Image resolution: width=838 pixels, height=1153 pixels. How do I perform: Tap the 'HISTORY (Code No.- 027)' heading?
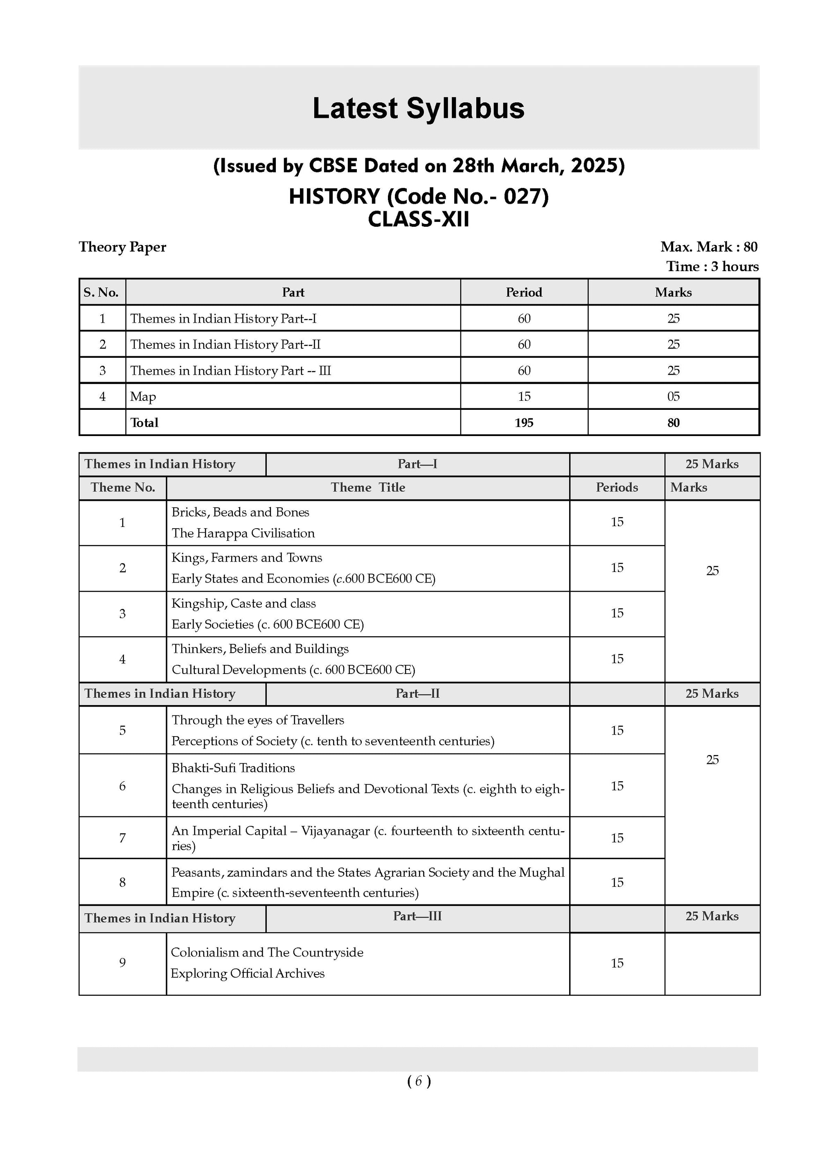pyautogui.click(x=419, y=197)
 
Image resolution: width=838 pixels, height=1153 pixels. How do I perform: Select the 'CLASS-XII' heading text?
pyautogui.click(x=419, y=219)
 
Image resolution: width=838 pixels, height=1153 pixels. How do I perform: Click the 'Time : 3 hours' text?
pyautogui.click(x=712, y=267)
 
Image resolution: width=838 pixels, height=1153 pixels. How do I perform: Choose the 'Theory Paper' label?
pyautogui.click(x=122, y=247)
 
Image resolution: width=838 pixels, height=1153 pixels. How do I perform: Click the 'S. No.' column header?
pyautogui.click(x=101, y=292)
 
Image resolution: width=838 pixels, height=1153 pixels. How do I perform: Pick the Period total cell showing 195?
pyautogui.click(x=524, y=423)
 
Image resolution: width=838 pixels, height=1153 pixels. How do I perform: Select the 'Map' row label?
pyautogui.click(x=143, y=396)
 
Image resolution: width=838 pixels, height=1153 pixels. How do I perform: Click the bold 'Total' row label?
pyautogui.click(x=144, y=423)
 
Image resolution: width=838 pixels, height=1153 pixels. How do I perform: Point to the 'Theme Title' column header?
pyautogui.click(x=368, y=488)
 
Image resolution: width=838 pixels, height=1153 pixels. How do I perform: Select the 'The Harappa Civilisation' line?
pyautogui.click(x=243, y=533)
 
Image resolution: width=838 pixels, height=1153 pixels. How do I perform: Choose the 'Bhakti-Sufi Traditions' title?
pyautogui.click(x=233, y=768)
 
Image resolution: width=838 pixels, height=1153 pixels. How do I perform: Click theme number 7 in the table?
pyautogui.click(x=122, y=838)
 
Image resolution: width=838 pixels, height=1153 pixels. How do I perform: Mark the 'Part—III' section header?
pyautogui.click(x=417, y=916)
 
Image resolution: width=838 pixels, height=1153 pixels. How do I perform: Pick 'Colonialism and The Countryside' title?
pyautogui.click(x=267, y=952)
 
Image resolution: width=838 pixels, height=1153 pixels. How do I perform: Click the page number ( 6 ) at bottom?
pyautogui.click(x=419, y=1081)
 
